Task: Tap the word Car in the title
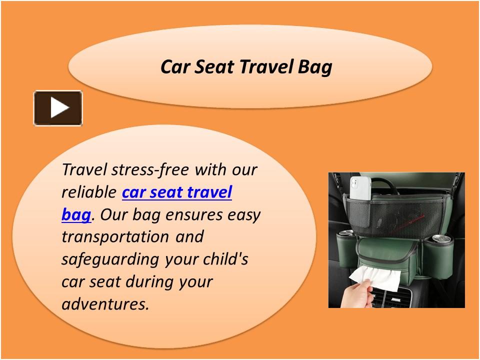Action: [175, 66]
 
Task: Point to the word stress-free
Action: [150, 169]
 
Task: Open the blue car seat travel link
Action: [177, 192]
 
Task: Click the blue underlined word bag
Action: [76, 215]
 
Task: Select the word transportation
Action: [115, 237]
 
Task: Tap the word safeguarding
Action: [110, 259]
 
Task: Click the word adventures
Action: [105, 304]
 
